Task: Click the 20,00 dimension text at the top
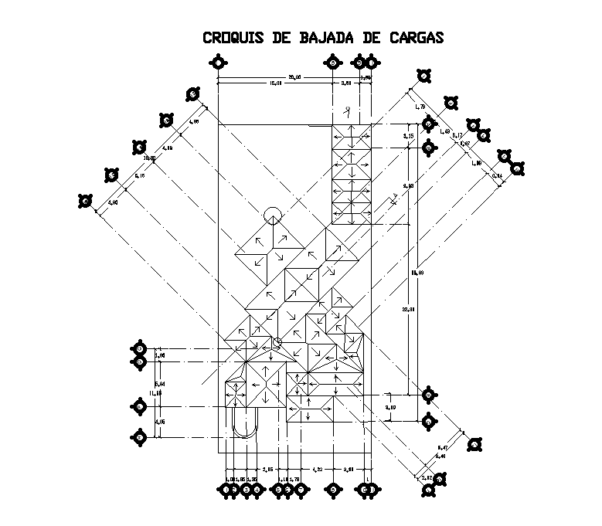294,76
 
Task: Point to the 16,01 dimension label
275,83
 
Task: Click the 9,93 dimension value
408,185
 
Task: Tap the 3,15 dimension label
408,135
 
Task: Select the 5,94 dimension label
160,383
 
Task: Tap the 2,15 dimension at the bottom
268,469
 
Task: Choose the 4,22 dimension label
317,469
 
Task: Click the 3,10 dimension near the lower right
391,407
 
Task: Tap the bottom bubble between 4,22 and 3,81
333,489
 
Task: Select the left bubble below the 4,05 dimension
139,437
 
